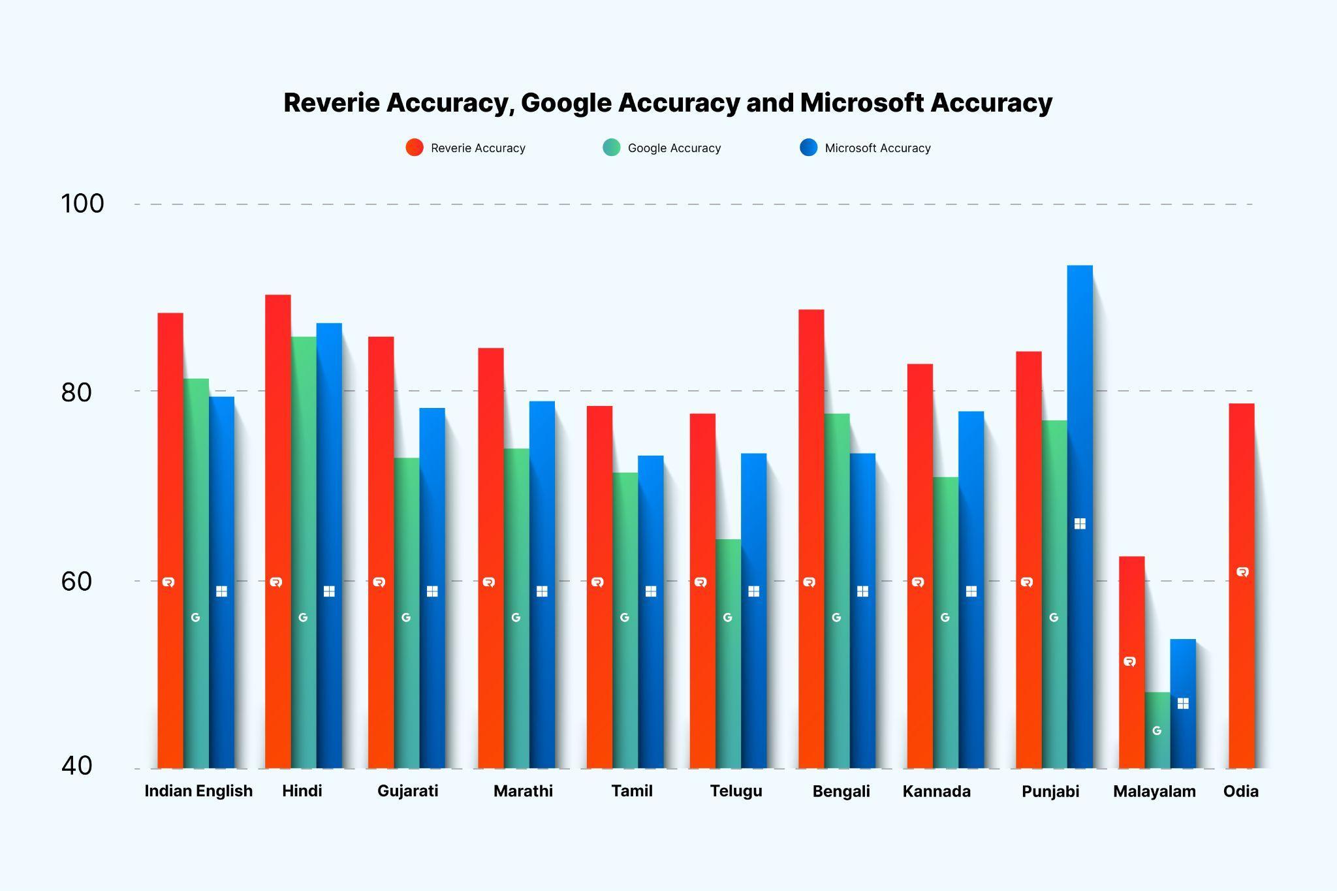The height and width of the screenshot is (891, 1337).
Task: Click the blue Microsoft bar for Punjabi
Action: [x=1080, y=516]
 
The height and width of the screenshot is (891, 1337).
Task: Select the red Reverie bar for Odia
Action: [x=1241, y=587]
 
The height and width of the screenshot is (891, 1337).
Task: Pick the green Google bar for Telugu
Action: [x=728, y=653]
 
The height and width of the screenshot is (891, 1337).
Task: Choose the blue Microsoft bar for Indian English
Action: [x=221, y=581]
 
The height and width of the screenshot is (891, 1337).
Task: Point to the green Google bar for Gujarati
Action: [x=406, y=614]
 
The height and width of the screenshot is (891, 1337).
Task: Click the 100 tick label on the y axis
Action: [x=82, y=204]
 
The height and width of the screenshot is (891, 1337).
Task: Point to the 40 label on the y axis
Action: [x=76, y=766]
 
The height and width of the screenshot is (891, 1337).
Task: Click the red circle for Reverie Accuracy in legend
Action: [x=415, y=148]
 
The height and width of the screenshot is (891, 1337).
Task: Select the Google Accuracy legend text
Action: [x=674, y=148]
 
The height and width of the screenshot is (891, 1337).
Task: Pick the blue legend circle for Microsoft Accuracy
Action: [x=808, y=148]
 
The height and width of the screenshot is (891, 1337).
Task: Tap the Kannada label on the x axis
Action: [x=936, y=791]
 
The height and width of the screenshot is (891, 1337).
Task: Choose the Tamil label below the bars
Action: [x=631, y=791]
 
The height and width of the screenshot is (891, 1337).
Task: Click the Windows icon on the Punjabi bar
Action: [x=1080, y=524]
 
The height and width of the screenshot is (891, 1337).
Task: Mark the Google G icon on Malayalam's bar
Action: [x=1157, y=730]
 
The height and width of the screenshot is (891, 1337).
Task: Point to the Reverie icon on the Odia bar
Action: [x=1242, y=572]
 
